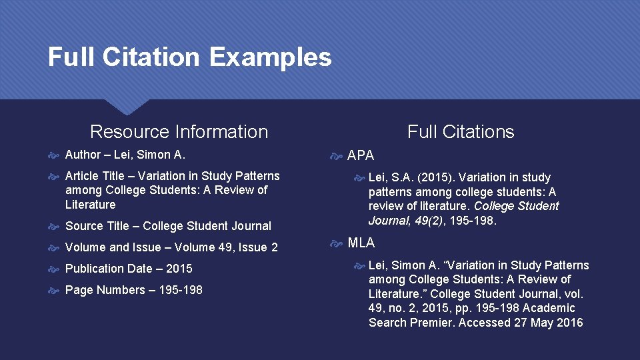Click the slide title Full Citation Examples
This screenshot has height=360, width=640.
(189, 57)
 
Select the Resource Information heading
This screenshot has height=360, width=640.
(179, 132)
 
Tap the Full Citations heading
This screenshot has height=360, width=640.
(461, 132)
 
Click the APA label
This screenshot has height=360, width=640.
(361, 156)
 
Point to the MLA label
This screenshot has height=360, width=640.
(361, 243)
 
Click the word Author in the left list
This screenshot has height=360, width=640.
(83, 155)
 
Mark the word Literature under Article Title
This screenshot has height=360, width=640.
(90, 205)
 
